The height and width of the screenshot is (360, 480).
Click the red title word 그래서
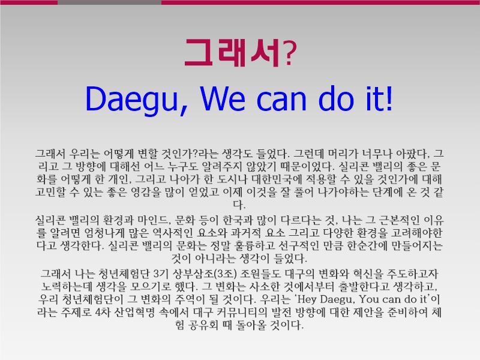pos(232,53)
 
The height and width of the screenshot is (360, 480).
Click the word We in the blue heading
pos(223,98)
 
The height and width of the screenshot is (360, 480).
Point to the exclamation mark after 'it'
pos(389,98)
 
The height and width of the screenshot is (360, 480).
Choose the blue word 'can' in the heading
pos(281,100)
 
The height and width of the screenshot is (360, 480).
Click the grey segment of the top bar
pos(109,2)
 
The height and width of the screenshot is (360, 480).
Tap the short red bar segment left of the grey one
pos(29,2)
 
